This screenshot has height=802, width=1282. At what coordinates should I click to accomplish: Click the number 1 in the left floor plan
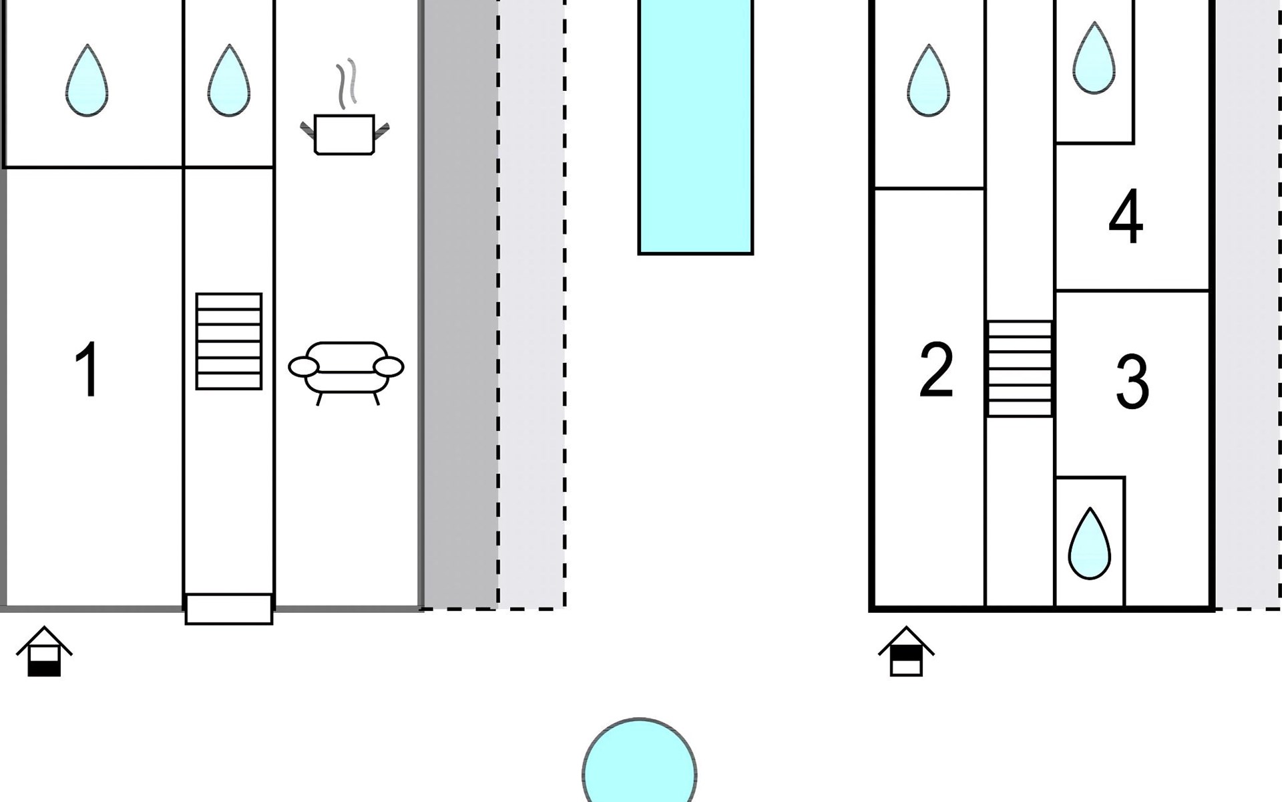88,370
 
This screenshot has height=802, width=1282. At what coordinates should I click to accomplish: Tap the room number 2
936,370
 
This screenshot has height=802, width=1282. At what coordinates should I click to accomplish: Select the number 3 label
1132,381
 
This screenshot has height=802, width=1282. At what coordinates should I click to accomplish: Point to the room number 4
1126,217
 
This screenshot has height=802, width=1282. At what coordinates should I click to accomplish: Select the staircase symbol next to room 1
229,341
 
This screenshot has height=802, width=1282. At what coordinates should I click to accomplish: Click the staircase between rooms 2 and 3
1020,369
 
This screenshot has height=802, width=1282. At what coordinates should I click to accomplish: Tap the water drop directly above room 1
87,80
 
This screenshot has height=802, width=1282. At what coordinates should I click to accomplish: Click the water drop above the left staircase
229,80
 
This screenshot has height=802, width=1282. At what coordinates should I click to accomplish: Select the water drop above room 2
928,80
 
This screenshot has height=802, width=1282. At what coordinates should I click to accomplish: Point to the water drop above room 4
1094,58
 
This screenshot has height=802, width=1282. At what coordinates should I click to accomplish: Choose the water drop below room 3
1090,543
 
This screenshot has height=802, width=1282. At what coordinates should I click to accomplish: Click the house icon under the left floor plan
44,652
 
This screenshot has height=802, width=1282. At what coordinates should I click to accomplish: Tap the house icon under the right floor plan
906,652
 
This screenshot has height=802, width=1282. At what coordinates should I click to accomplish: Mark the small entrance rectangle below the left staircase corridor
229,609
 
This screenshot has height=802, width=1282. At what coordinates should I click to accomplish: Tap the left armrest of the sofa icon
303,367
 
